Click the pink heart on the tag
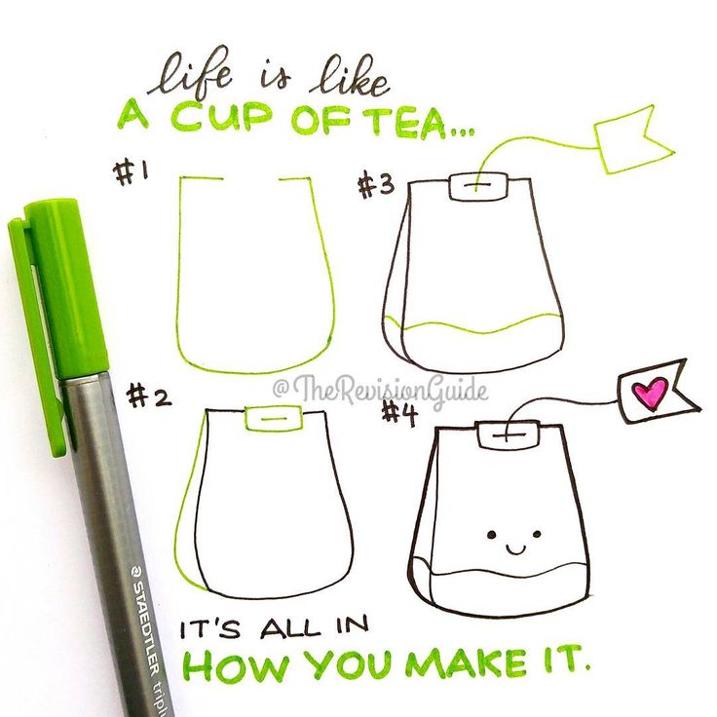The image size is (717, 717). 649,394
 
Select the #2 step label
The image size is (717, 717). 149,396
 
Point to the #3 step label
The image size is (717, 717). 375,186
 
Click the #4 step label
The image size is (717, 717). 399,415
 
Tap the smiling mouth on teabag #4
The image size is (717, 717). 515,548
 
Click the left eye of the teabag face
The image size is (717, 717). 492,535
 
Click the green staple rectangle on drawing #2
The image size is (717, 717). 274,418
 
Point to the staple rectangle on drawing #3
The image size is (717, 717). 478,186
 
